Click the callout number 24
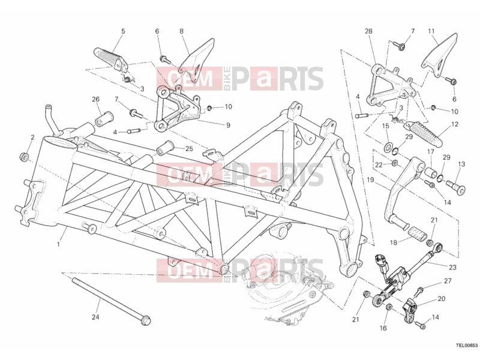[95, 317]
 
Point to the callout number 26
[96, 99]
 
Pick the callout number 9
[228, 125]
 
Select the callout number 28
[368, 31]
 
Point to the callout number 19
[370, 179]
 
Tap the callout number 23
[452, 267]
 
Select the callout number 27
[448, 281]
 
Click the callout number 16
[383, 328]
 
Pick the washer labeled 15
[388, 146]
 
